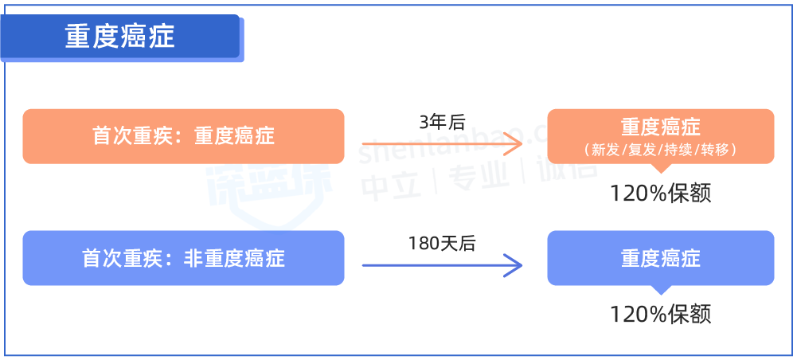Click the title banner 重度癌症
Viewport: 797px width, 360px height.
pyautogui.click(x=120, y=37)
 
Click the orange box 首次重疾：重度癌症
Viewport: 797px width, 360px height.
pyautogui.click(x=183, y=136)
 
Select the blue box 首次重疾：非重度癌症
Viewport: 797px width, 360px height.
pyautogui.click(x=183, y=258)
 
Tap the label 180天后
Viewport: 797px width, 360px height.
pyautogui.click(x=441, y=244)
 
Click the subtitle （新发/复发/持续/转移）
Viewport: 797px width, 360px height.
pyautogui.click(x=660, y=150)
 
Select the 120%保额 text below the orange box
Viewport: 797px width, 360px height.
pyautogui.click(x=660, y=194)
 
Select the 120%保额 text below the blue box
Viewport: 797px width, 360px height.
pyautogui.click(x=660, y=314)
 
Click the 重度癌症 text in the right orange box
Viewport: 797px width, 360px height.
pyautogui.click(x=660, y=128)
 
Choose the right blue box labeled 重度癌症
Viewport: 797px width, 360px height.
pyautogui.click(x=660, y=258)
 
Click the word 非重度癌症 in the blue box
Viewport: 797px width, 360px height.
pyautogui.click(x=234, y=258)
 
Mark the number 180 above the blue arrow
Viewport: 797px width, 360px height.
pyautogui.click(x=423, y=244)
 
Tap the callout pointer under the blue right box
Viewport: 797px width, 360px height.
pyautogui.click(x=660, y=289)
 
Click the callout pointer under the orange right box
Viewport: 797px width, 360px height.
pyautogui.click(x=660, y=168)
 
